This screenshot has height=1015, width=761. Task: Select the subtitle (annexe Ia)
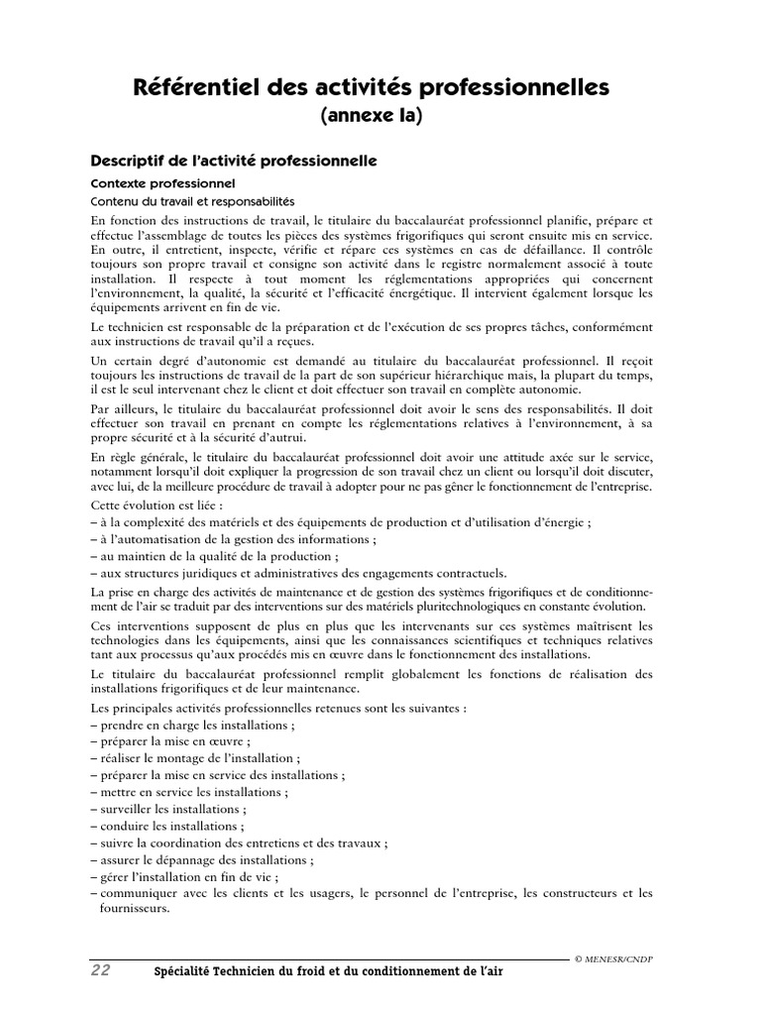click(x=371, y=116)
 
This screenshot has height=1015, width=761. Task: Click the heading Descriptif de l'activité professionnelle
click(x=233, y=160)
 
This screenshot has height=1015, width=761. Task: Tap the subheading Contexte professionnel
click(x=163, y=183)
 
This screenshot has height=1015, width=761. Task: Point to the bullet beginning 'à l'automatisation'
click(x=233, y=539)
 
